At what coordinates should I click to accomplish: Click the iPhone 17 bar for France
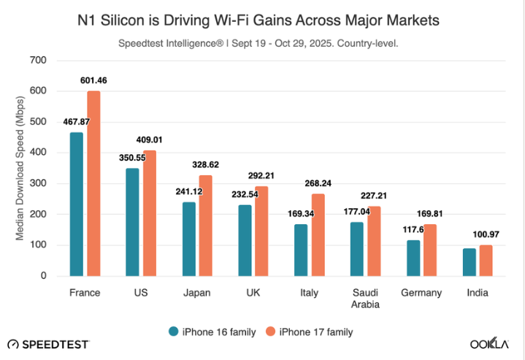pyautogui.click(x=93, y=183)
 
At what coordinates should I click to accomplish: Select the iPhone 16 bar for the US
pyautogui.click(x=132, y=222)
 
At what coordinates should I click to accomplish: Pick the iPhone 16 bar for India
pyautogui.click(x=470, y=262)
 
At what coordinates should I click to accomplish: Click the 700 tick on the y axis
pyautogui.click(x=38, y=60)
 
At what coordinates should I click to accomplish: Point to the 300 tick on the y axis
pyautogui.click(x=38, y=183)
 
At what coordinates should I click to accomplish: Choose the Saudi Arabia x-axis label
pyautogui.click(x=365, y=299)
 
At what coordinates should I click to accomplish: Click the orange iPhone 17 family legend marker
pyautogui.click(x=269, y=332)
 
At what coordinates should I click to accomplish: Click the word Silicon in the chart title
pyautogui.click(x=145, y=20)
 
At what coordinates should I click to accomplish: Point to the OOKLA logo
pyautogui.click(x=490, y=343)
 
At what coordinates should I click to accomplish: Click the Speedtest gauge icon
pyautogui.click(x=14, y=343)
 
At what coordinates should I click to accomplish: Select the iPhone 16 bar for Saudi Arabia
pyautogui.click(x=357, y=249)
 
